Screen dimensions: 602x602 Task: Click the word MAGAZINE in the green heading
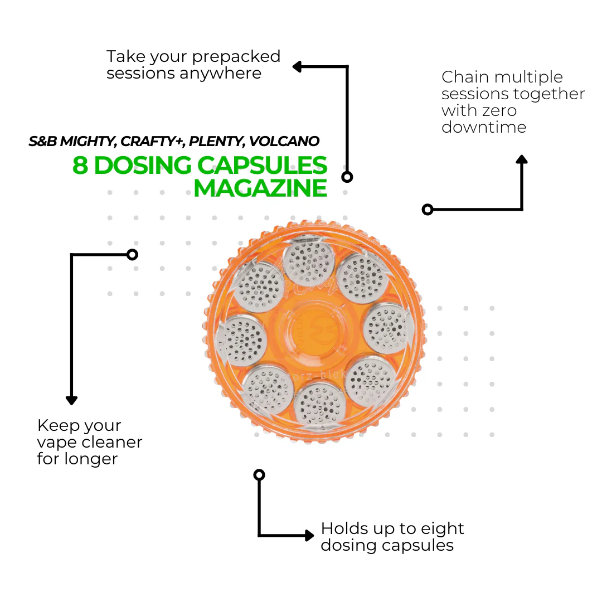point(260,188)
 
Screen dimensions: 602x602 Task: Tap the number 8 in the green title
point(81,166)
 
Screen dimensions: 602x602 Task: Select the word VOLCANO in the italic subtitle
point(285,141)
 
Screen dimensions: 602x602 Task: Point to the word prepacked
point(236,57)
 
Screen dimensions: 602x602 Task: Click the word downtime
point(484,127)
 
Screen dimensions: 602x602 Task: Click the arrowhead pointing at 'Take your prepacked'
point(297,67)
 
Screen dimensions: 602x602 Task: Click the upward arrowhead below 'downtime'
point(522,159)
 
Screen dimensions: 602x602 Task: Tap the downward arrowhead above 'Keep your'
point(71,400)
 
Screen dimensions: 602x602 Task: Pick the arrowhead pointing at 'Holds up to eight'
point(309,536)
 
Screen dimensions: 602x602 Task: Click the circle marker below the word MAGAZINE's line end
point(347,177)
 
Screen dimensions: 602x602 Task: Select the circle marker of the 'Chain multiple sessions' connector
point(428,210)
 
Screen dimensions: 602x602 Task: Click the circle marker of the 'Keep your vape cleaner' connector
point(132,255)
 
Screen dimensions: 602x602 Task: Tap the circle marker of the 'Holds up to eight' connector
point(259,475)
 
